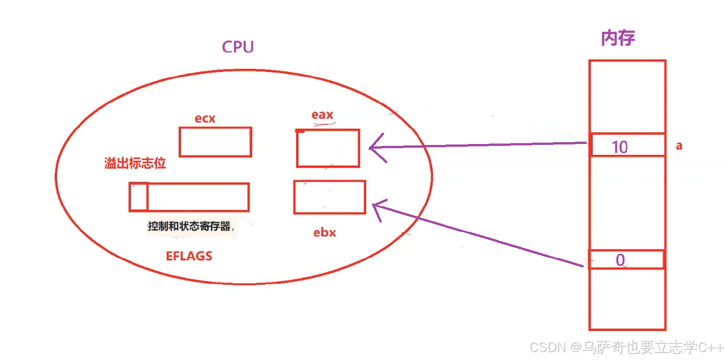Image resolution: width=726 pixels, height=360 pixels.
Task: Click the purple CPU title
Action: click(238, 47)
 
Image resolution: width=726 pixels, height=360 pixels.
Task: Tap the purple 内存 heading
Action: click(617, 39)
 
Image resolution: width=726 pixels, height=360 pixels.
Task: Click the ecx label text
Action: click(205, 119)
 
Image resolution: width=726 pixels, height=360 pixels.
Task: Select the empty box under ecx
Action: click(215, 142)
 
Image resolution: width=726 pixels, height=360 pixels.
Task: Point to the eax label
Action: click(322, 115)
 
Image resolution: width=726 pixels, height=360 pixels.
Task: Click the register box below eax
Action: click(328, 148)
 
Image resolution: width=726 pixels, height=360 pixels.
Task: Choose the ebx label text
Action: click(325, 232)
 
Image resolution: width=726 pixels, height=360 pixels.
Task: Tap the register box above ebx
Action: click(329, 197)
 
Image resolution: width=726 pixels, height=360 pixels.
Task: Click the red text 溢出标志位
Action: click(135, 164)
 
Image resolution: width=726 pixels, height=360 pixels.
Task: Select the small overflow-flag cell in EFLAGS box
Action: click(138, 197)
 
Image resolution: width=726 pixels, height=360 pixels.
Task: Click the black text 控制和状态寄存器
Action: click(189, 227)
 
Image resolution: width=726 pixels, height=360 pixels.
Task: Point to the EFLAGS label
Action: click(189, 256)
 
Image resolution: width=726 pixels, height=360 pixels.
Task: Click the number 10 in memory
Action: click(620, 147)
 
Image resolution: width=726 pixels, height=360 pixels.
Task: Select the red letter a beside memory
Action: click(679, 146)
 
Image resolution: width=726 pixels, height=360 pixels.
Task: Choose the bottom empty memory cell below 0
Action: click(627, 299)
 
